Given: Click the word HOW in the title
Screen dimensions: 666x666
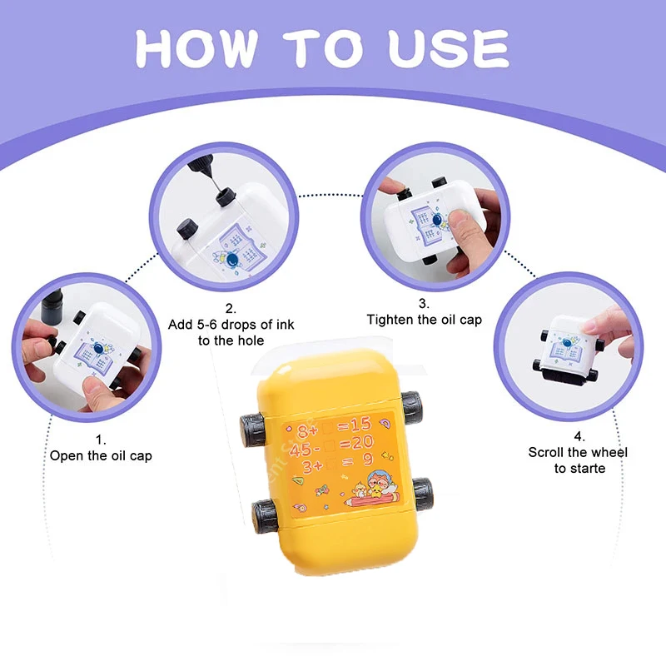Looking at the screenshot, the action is click(x=196, y=48).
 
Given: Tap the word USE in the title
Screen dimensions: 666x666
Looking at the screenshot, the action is click(x=449, y=48).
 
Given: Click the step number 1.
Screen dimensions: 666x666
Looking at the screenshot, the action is click(x=100, y=440).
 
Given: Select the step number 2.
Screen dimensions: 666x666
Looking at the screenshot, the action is click(x=231, y=308).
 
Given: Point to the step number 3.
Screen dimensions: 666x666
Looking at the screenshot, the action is click(x=424, y=303).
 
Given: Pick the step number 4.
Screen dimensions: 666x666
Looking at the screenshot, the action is click(x=579, y=436).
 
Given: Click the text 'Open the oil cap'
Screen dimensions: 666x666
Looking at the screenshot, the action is click(x=101, y=455).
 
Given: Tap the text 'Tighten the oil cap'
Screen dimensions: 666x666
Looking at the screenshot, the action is click(x=425, y=320).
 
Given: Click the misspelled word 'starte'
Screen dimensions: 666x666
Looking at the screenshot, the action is click(x=588, y=469).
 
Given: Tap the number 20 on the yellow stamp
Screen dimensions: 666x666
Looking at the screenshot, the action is click(x=362, y=442).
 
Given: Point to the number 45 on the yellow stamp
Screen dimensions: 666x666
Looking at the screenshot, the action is click(x=300, y=449).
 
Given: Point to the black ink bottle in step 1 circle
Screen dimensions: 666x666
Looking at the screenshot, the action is click(x=52, y=305).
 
